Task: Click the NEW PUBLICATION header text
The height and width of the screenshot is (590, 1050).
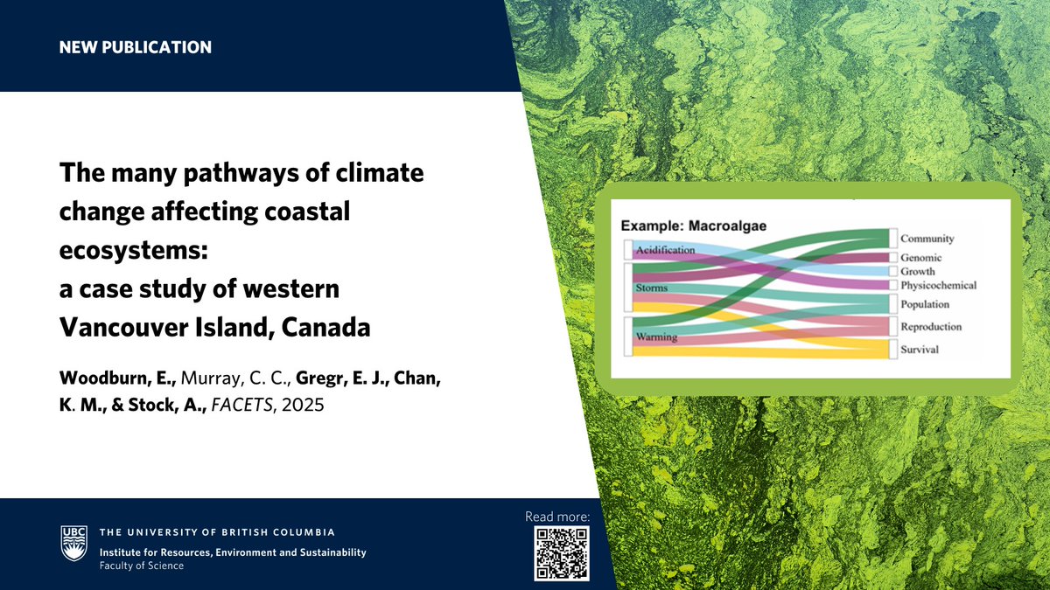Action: click(135, 47)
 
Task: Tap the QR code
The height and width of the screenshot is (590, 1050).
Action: click(562, 554)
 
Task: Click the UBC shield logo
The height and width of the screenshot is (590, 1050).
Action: click(73, 543)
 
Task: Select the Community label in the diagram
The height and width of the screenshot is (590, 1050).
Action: click(927, 239)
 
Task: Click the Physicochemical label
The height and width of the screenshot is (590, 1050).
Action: click(938, 285)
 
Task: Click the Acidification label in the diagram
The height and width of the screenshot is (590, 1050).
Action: click(665, 251)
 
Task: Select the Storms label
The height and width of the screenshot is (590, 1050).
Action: click(652, 288)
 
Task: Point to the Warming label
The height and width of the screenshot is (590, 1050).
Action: click(655, 337)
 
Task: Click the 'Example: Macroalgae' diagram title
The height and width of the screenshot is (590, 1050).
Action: click(694, 226)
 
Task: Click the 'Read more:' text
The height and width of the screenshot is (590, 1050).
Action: click(557, 517)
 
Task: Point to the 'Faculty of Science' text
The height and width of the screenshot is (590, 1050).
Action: click(141, 566)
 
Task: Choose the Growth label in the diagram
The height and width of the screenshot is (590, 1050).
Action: click(918, 271)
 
